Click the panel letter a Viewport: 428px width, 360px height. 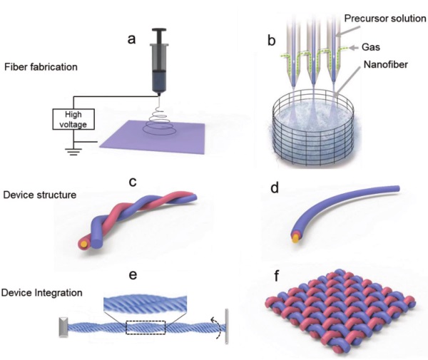click(131, 39)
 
